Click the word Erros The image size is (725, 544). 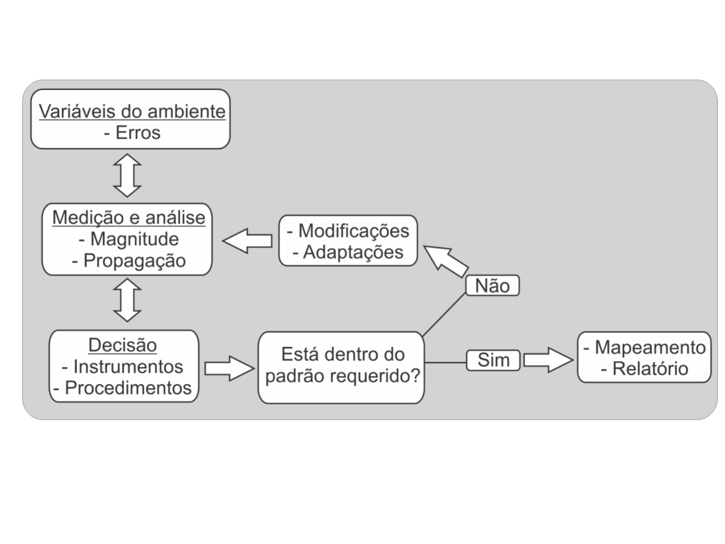[138, 133]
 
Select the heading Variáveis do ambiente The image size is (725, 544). [132, 111]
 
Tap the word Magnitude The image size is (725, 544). [134, 239]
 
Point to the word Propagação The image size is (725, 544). [134, 261]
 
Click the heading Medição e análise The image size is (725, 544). [129, 218]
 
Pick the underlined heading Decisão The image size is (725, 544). [122, 345]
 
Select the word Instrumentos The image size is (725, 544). [128, 367]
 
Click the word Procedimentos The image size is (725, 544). [128, 388]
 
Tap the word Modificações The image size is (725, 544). [354, 231]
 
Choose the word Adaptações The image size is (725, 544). [353, 252]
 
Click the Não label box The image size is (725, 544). [492, 286]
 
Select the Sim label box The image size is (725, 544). [493, 360]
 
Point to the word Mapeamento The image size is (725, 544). [650, 348]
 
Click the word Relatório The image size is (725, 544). [650, 369]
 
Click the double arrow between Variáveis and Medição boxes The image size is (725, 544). [127, 175]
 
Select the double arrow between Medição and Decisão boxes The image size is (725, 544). [127, 300]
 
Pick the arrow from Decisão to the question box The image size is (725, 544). [230, 369]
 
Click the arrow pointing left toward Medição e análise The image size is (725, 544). [247, 241]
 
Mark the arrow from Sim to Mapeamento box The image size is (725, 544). [548, 360]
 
